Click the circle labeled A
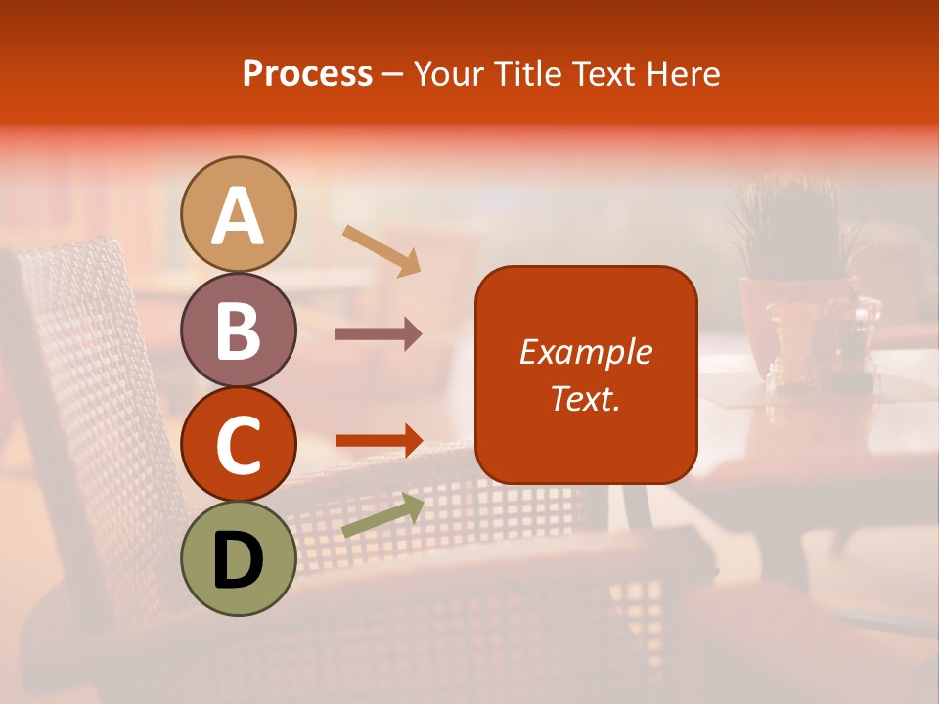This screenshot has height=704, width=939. (239, 214)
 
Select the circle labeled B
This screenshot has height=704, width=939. (239, 330)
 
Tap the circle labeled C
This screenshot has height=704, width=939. (239, 445)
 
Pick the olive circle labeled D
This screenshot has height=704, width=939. (239, 559)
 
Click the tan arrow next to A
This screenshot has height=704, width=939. (381, 250)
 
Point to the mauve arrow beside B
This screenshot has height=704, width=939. (379, 334)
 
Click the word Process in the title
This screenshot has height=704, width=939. (307, 74)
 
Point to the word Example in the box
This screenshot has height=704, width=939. (586, 352)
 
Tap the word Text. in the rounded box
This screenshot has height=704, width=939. (586, 398)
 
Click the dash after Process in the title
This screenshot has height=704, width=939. (393, 75)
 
